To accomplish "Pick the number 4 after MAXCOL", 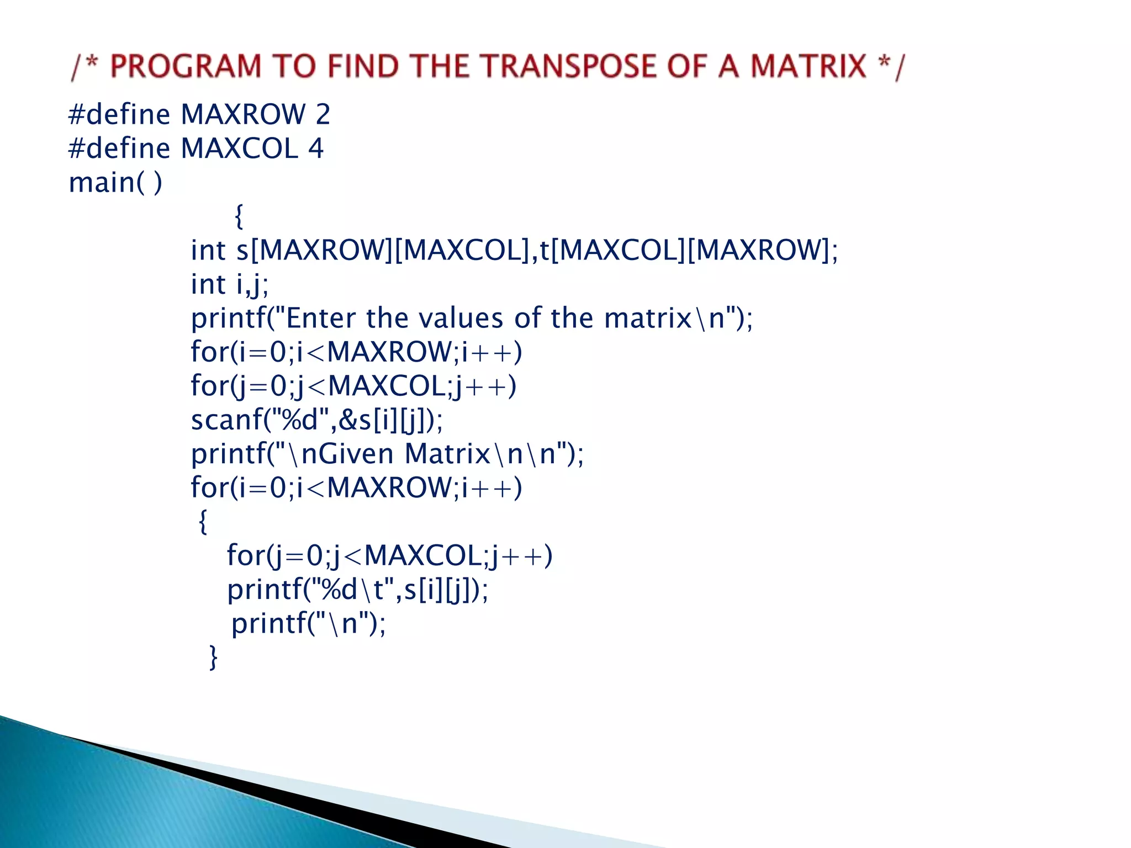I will [x=316, y=149].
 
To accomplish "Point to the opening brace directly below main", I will [x=239, y=216].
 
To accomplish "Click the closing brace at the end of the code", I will [x=214, y=657].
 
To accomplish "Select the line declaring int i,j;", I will [x=230, y=284].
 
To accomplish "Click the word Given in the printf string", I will [x=348, y=454].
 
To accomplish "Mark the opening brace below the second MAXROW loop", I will [x=203, y=521].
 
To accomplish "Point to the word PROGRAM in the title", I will [x=186, y=66].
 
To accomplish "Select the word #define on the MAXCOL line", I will [x=119, y=149].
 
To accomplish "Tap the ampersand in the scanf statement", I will [x=348, y=420].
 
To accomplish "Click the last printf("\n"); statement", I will [x=308, y=623].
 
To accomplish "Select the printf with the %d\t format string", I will [x=357, y=590].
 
